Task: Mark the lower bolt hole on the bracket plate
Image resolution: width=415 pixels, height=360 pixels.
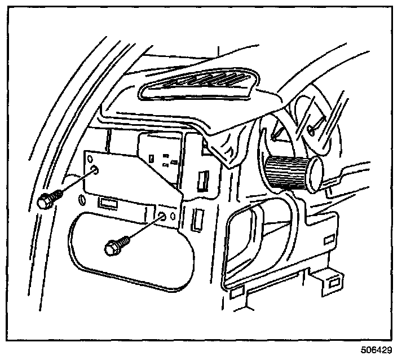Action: point(162,215)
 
